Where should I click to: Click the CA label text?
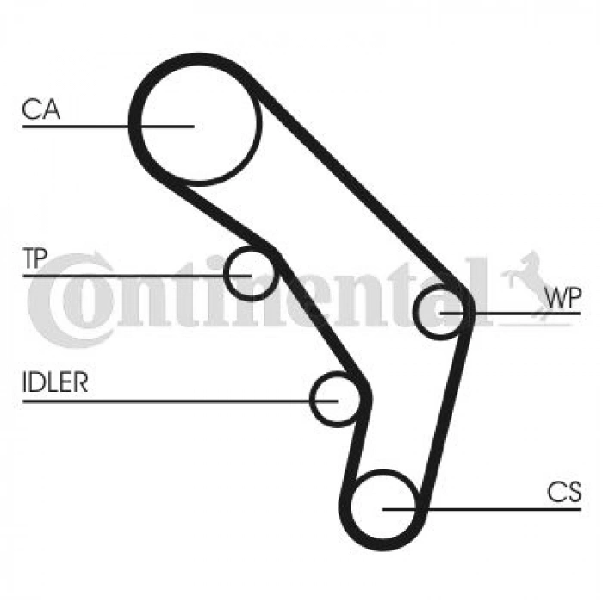[41, 109]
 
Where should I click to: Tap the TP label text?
[34, 258]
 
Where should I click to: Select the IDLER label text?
[55, 382]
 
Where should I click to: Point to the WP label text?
[563, 297]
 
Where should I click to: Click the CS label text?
[564, 492]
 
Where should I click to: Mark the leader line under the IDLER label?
[180, 401]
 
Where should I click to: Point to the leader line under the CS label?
[482, 509]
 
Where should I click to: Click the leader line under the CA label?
[108, 126]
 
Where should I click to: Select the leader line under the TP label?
[137, 276]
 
